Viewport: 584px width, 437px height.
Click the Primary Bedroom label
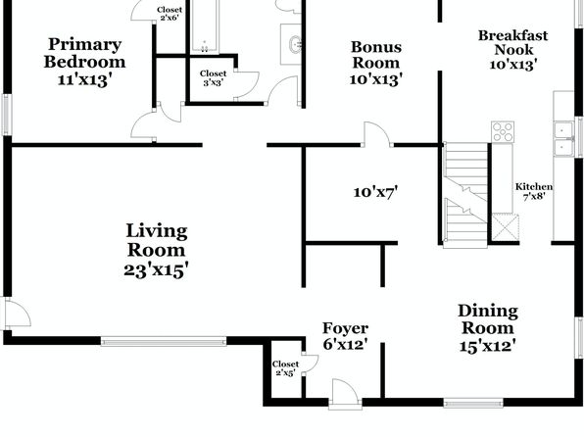(85, 53)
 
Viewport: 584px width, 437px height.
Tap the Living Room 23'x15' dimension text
(156, 269)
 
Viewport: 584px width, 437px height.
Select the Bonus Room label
(376, 55)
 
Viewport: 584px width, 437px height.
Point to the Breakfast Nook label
(512, 42)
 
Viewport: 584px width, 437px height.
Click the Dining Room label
(488, 319)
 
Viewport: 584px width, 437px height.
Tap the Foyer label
(346, 328)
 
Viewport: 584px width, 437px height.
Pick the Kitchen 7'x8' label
(534, 191)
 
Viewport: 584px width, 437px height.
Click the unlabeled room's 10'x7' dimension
(375, 192)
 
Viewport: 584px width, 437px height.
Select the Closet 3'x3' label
(213, 77)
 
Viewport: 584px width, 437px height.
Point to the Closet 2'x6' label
(170, 14)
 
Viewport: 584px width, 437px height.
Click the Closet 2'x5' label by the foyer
(285, 368)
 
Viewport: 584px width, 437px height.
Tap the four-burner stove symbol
(503, 132)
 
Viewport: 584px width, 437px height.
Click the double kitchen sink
(563, 139)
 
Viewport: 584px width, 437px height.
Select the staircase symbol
(465, 195)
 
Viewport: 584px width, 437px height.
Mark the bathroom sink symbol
(296, 45)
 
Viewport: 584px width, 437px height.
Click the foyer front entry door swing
(345, 393)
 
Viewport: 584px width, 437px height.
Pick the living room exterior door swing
(17, 314)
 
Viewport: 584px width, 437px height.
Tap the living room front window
(164, 341)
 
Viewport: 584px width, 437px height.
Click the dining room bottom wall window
(473, 403)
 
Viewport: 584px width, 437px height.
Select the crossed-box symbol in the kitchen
(505, 227)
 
